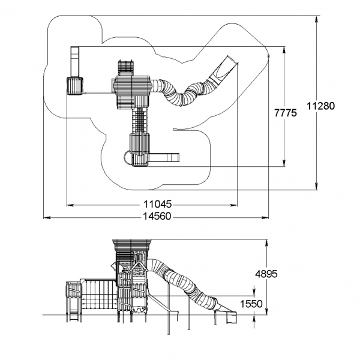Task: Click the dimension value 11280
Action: coord(321,106)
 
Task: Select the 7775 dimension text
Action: coord(286,113)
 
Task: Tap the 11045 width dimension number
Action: coord(157,204)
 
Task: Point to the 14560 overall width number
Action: coord(157,216)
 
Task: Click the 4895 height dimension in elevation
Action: coord(266,274)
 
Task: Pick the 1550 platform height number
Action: coord(251,304)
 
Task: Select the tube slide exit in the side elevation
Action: coord(231,317)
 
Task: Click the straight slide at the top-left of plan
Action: coord(74,62)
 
